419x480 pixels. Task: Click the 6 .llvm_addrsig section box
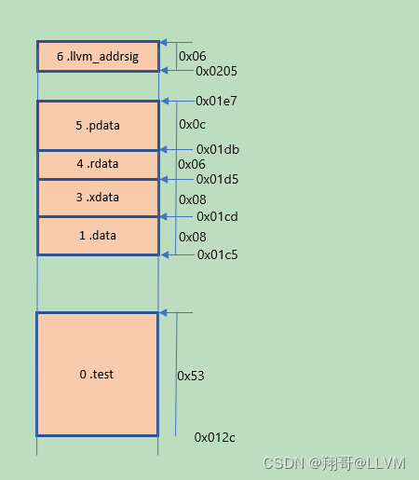click(98, 57)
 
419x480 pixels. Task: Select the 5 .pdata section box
click(98, 125)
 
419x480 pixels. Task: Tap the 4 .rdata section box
click(98, 164)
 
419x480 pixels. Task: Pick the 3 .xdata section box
click(98, 198)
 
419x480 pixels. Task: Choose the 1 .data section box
click(98, 236)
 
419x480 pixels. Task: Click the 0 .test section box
click(98, 374)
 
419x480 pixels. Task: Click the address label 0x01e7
click(216, 101)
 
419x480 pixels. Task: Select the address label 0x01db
click(217, 149)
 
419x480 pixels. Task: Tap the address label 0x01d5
click(217, 179)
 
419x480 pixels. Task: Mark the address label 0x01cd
click(217, 217)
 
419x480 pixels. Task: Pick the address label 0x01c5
click(217, 254)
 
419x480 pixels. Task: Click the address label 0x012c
click(215, 436)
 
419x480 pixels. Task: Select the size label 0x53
click(191, 376)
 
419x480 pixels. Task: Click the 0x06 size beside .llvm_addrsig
click(192, 56)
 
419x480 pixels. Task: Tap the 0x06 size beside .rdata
click(192, 164)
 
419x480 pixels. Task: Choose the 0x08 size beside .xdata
click(192, 199)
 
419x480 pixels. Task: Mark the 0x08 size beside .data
click(192, 237)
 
